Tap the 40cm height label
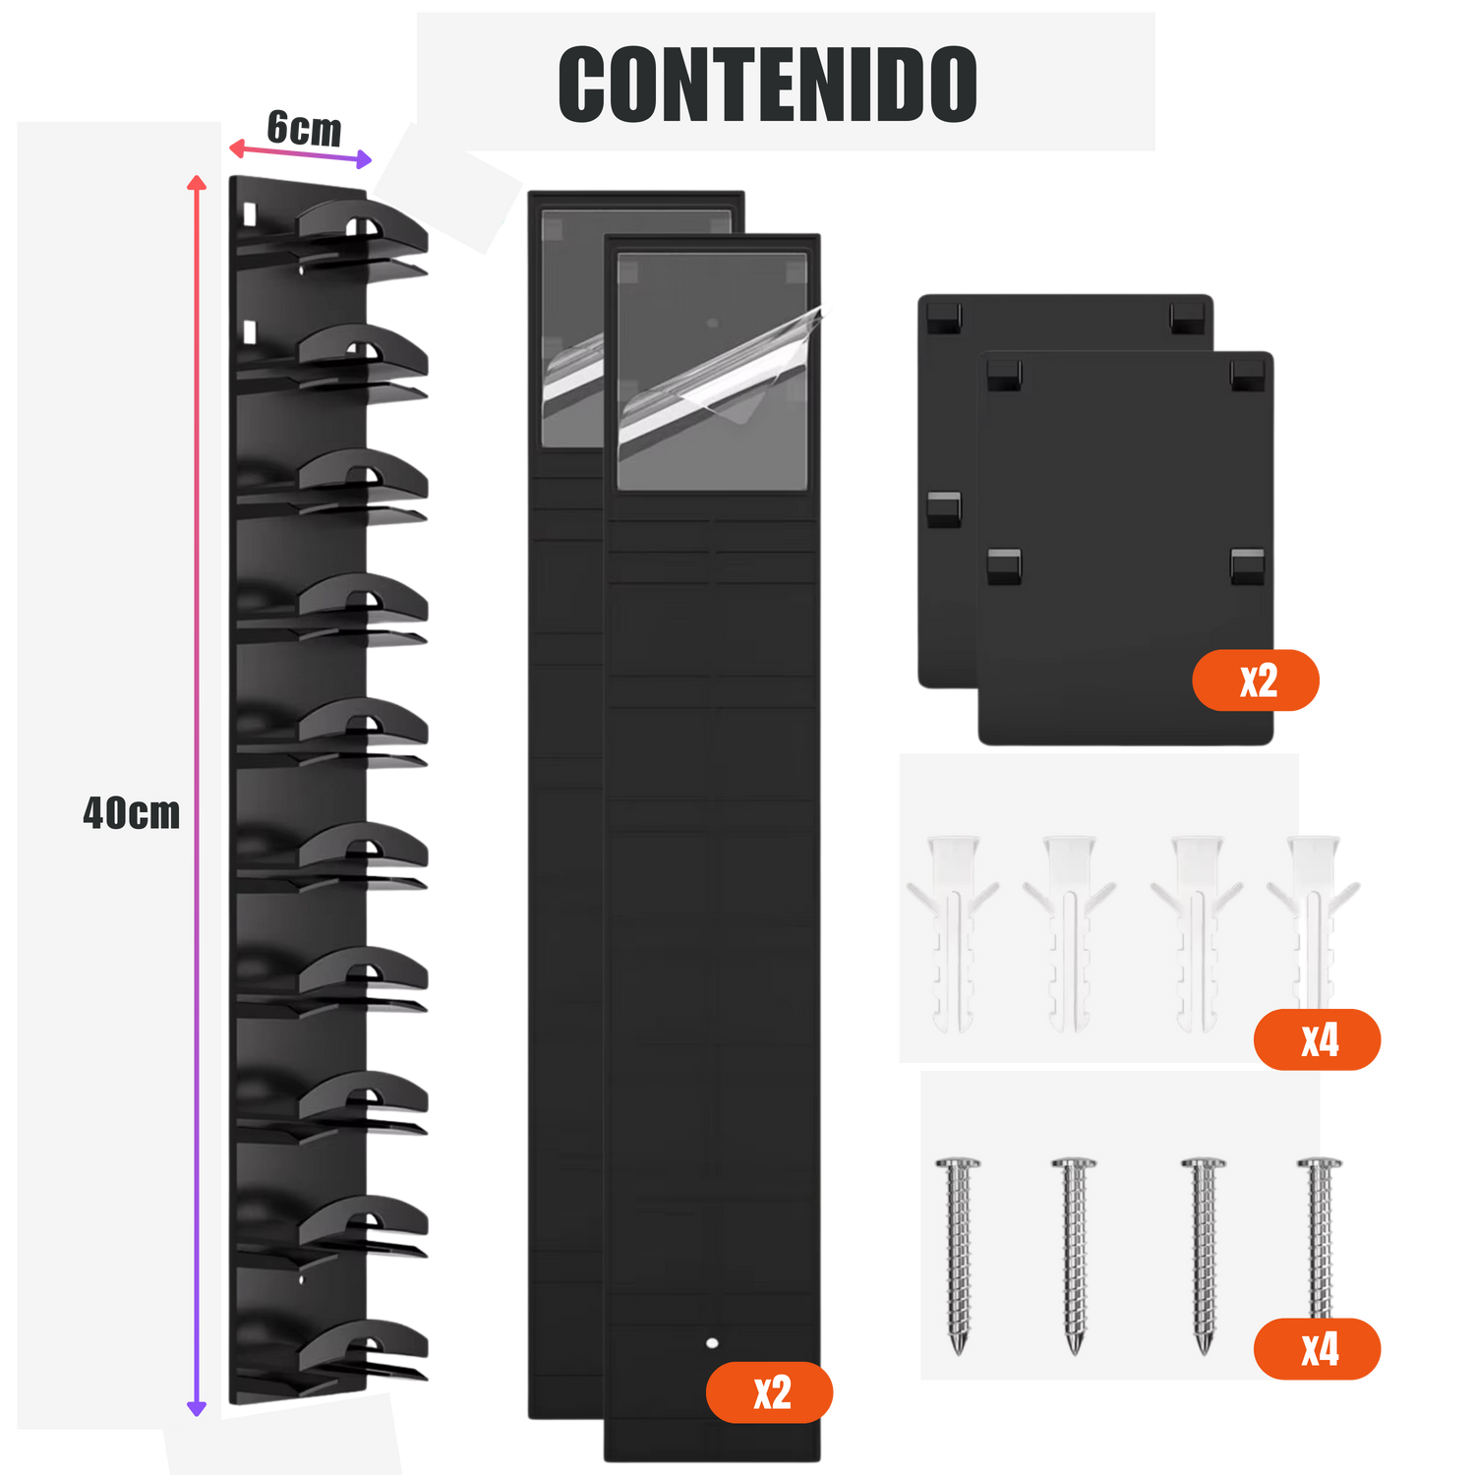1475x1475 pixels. (x=132, y=813)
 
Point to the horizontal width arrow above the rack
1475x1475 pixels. (x=301, y=153)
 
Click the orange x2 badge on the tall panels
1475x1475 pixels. (x=771, y=1391)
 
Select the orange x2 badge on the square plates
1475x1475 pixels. (x=1257, y=679)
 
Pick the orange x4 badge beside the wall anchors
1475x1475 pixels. (x=1318, y=1039)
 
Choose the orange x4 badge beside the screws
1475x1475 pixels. (x=1318, y=1349)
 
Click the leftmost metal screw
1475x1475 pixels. (x=959, y=1254)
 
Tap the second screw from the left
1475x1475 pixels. (x=1074, y=1254)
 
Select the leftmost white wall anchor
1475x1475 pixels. (x=953, y=929)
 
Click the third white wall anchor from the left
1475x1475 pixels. (x=1196, y=929)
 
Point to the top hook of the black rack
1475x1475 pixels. (x=364, y=231)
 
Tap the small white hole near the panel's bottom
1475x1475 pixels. (x=712, y=1342)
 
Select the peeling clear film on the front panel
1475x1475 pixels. (x=723, y=369)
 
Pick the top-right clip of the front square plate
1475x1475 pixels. (x=1248, y=374)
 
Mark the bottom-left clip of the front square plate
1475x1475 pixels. (x=1004, y=564)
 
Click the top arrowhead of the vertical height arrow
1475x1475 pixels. (x=197, y=183)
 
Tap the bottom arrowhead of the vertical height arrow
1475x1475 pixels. (x=197, y=1408)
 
